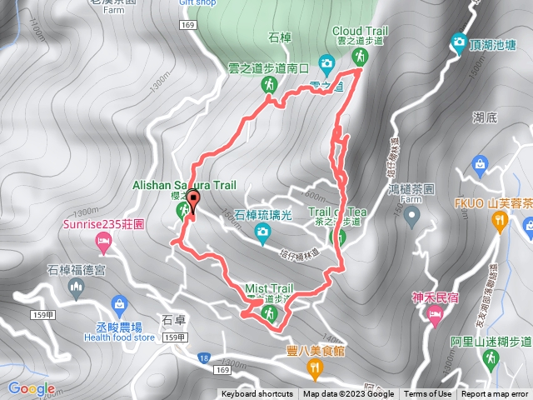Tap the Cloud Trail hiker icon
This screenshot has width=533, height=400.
(x=361, y=57)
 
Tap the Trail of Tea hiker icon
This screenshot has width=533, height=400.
(x=338, y=237)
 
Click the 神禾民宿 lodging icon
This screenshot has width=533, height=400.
(x=433, y=314)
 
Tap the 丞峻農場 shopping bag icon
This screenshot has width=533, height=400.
(x=118, y=303)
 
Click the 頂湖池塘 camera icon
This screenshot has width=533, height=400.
(x=459, y=41)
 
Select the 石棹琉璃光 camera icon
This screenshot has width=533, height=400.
(x=262, y=231)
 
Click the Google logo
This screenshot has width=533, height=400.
(x=32, y=388)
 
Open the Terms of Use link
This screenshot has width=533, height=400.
(x=428, y=394)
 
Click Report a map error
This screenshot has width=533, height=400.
(x=495, y=394)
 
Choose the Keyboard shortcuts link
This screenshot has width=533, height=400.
(x=257, y=394)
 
